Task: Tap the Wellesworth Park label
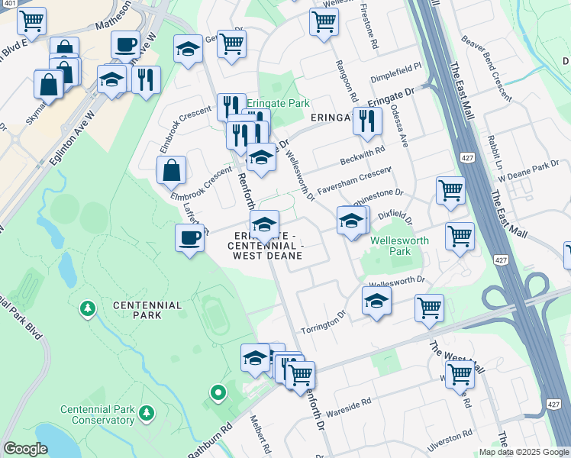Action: (x=399, y=246)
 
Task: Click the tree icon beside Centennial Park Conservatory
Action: (x=146, y=414)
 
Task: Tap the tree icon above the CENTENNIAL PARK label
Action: (x=89, y=308)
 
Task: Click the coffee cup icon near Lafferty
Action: (x=189, y=238)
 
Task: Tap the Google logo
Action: (x=24, y=448)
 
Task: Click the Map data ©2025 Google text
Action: (x=524, y=452)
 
